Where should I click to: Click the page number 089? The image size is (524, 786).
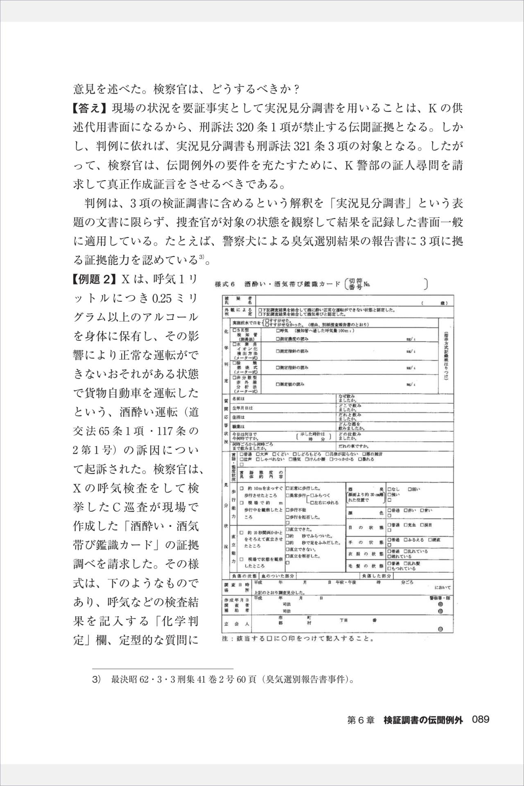pyautogui.click(x=481, y=719)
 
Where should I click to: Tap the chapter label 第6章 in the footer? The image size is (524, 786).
pyautogui.click(x=361, y=719)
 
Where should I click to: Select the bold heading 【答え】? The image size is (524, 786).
pyautogui.click(x=90, y=110)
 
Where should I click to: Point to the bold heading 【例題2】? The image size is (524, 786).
pyautogui.click(x=92, y=280)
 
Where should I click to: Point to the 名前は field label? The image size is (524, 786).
pyautogui.click(x=238, y=399)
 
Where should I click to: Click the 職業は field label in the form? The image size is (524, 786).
pyautogui.click(x=238, y=426)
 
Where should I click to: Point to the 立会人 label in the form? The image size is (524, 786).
pyautogui.click(x=232, y=625)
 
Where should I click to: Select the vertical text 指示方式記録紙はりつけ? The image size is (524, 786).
pyautogui.click(x=445, y=355)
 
